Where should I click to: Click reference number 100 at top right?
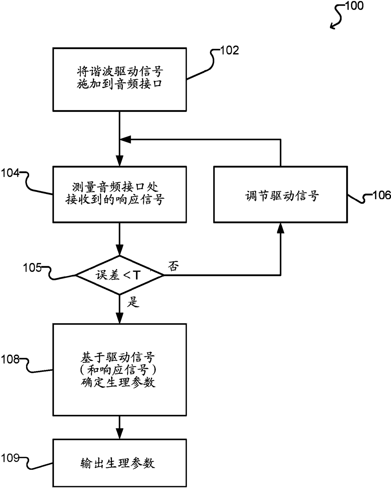point(354,6)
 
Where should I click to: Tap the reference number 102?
point(230,50)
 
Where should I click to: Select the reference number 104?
point(10,173)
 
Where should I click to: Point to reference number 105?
point(32,268)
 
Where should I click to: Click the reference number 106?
point(382,195)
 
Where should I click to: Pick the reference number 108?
point(10,359)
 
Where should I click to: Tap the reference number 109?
point(10,458)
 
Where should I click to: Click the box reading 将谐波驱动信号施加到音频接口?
point(120,79)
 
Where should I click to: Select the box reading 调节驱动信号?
point(281,195)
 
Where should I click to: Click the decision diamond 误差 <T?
point(120,275)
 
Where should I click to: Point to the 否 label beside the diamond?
point(173,266)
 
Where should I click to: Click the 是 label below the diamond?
point(133,302)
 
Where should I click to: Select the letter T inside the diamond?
point(137,275)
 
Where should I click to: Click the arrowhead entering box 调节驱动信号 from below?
point(281,228)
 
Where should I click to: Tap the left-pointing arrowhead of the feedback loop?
point(125,139)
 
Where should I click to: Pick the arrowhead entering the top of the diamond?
point(120,250)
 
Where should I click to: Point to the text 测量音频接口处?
point(115,187)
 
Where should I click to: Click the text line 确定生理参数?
point(118,383)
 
